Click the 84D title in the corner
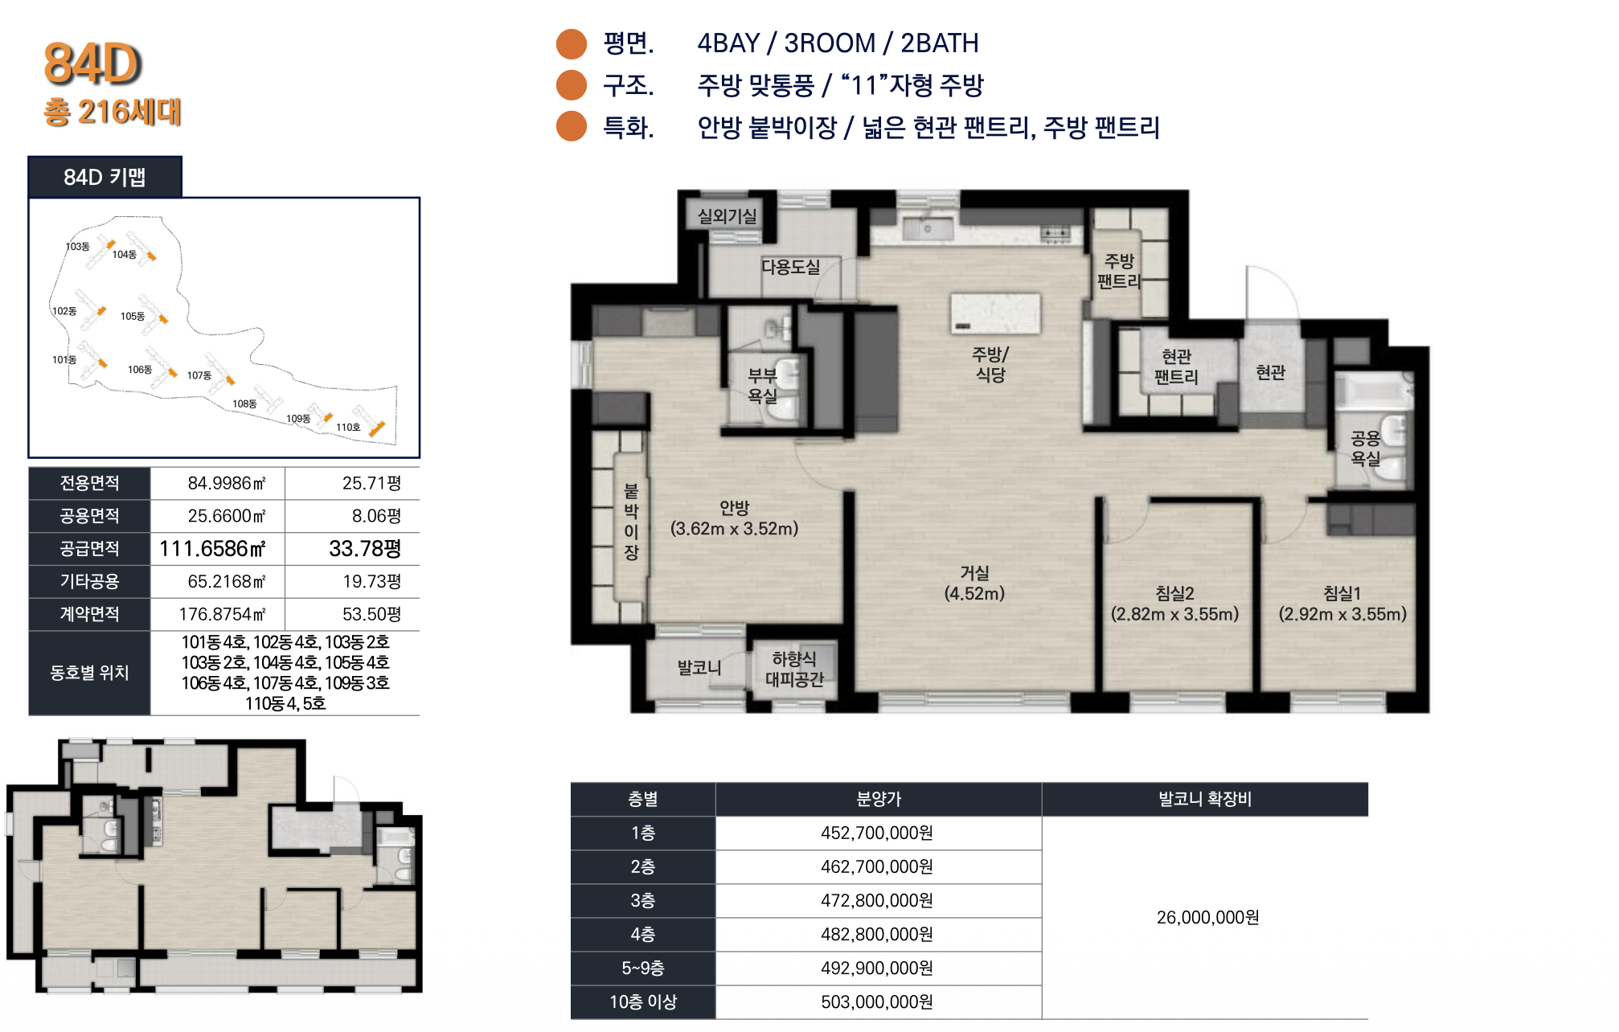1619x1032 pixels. (92, 63)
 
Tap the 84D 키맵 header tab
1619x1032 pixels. (105, 177)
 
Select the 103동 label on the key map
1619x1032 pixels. (77, 247)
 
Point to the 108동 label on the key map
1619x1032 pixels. (244, 403)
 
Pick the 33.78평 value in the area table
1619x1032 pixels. (365, 549)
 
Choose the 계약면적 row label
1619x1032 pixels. (89, 614)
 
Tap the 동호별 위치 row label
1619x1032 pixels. (89, 673)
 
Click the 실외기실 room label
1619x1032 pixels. (727, 216)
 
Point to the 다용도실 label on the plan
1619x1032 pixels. (791, 267)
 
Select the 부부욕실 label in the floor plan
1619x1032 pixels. (762, 386)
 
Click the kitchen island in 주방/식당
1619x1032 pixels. (995, 313)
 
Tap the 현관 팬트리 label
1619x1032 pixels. (1176, 367)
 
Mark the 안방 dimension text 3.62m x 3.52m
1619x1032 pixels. (734, 529)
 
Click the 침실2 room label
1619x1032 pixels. (1174, 594)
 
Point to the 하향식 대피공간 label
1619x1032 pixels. (794, 670)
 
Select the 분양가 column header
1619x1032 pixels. (879, 799)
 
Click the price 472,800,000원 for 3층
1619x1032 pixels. (877, 900)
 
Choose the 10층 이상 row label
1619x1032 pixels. (643, 1001)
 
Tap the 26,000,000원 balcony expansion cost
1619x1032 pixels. (1207, 917)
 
